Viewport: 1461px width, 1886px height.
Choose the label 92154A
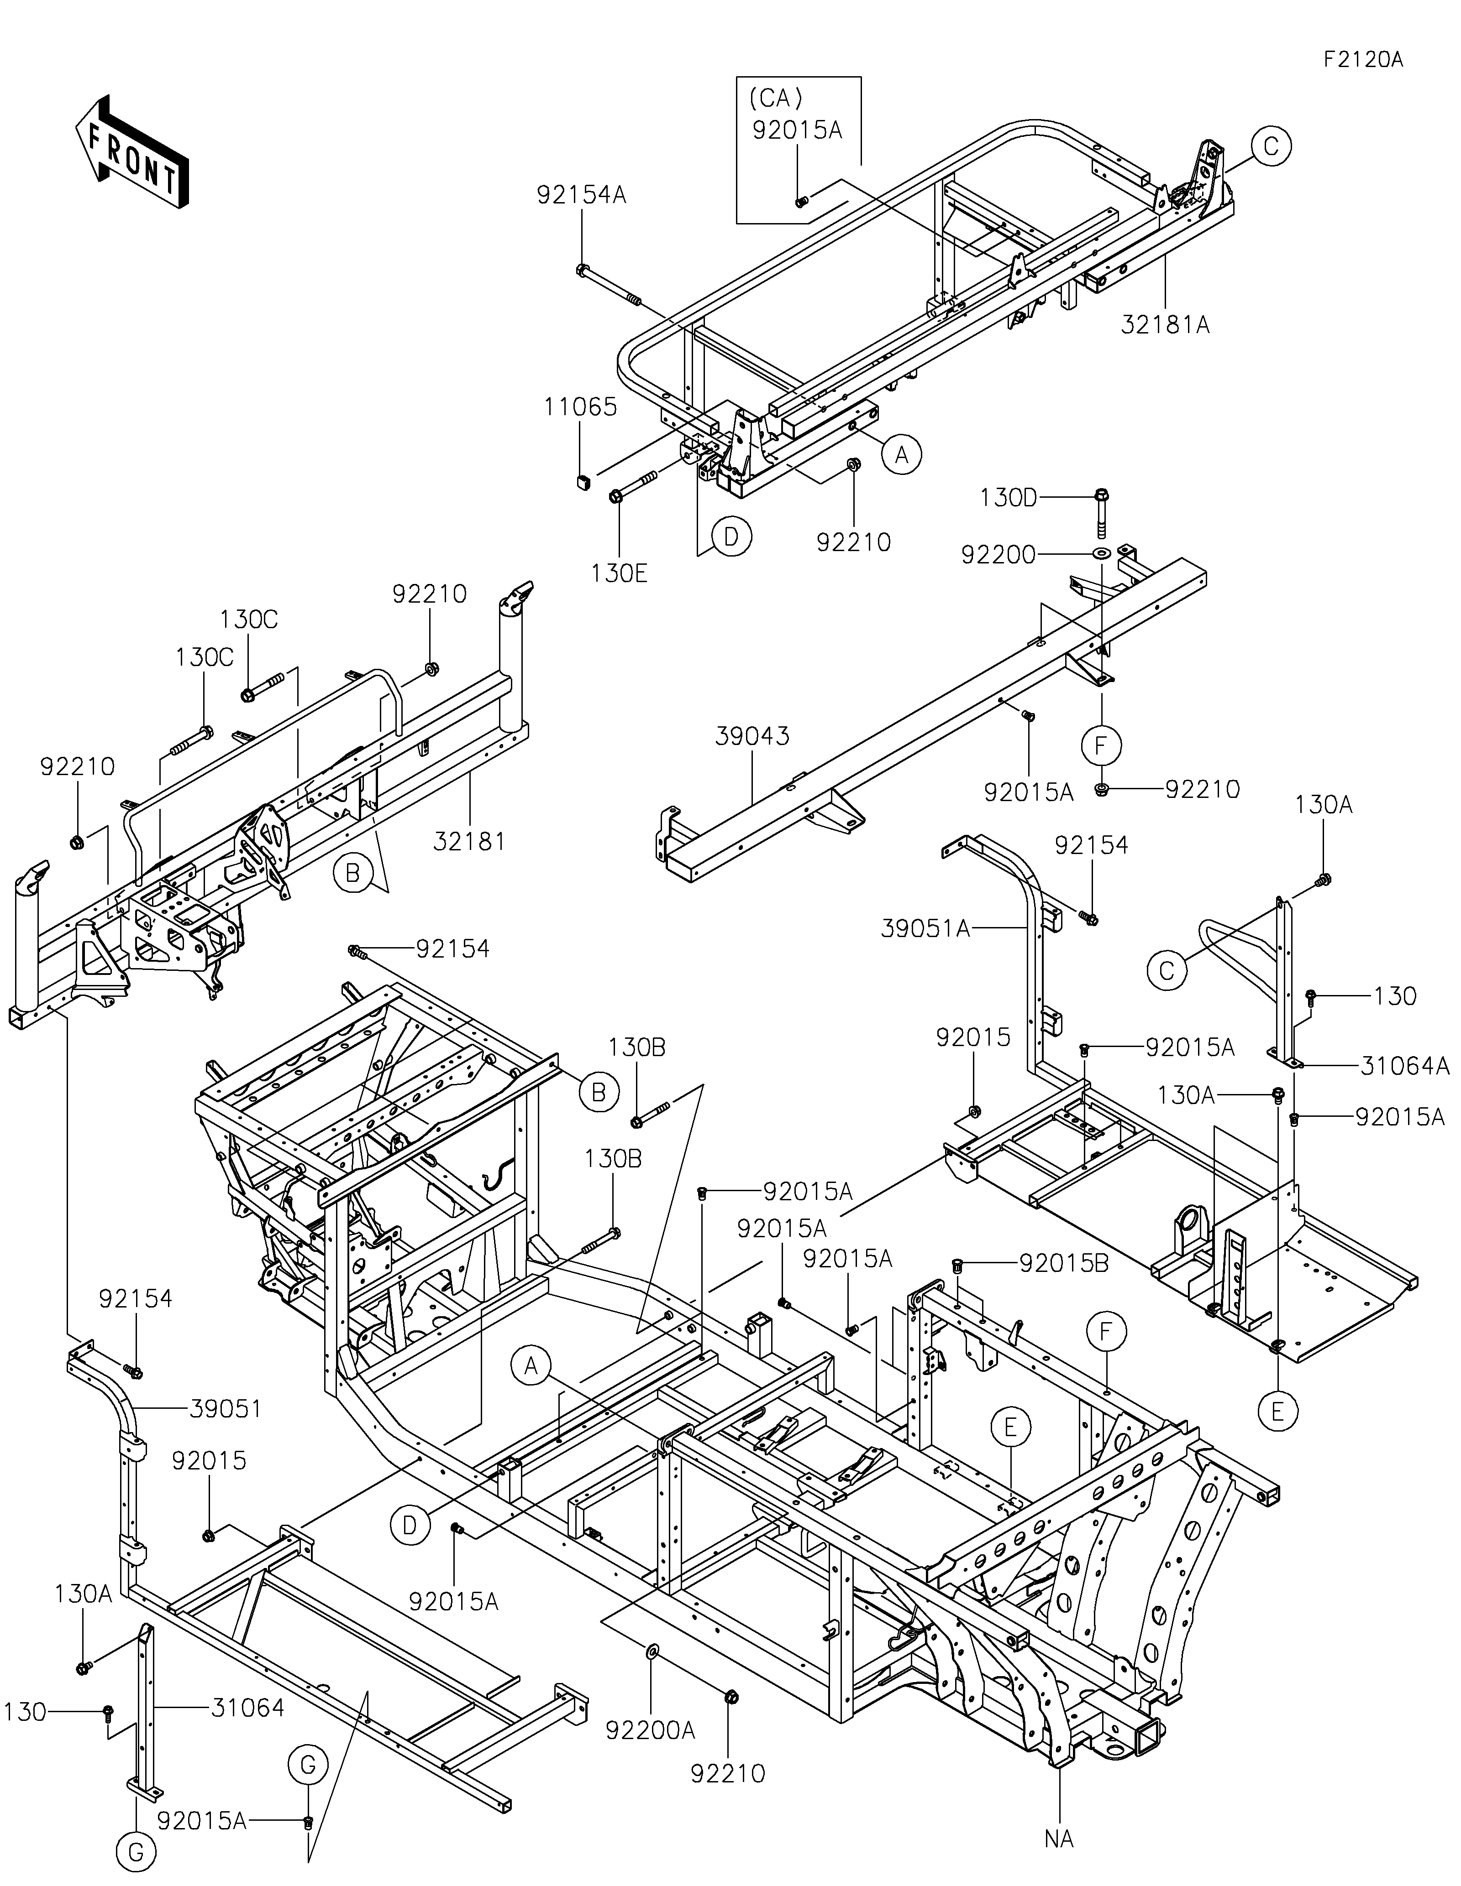coord(582,195)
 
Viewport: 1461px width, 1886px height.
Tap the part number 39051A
coord(925,928)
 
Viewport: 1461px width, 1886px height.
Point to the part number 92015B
coord(1064,1263)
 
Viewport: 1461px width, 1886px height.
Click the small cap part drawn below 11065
coord(583,480)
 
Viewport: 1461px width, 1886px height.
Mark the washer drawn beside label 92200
coord(1102,552)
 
